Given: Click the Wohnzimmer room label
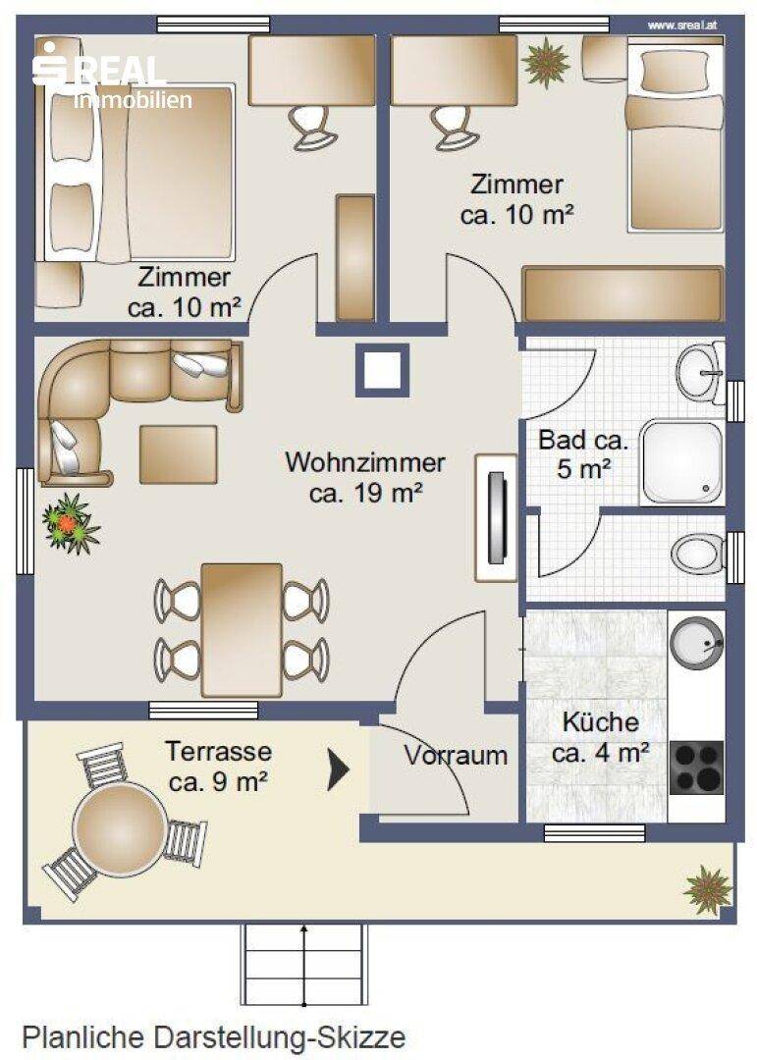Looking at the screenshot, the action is click(364, 462).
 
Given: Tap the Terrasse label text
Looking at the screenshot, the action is click(219, 751).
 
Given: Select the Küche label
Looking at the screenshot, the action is click(601, 722).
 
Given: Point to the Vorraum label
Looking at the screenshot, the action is click(456, 755).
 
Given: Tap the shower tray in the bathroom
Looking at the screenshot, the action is click(682, 462).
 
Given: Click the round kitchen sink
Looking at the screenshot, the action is click(695, 642).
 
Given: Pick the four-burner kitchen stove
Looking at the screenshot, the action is click(696, 768).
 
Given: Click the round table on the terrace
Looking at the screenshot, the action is click(119, 828).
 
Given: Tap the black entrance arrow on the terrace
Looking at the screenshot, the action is click(338, 769).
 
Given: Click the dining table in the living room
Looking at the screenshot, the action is click(242, 630).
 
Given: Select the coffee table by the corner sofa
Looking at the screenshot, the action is click(179, 454).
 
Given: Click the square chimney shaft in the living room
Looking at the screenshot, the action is click(383, 370).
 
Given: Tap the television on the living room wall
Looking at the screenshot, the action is click(497, 518).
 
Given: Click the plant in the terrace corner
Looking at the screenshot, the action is click(708, 890).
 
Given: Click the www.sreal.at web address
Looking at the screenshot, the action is click(682, 25).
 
